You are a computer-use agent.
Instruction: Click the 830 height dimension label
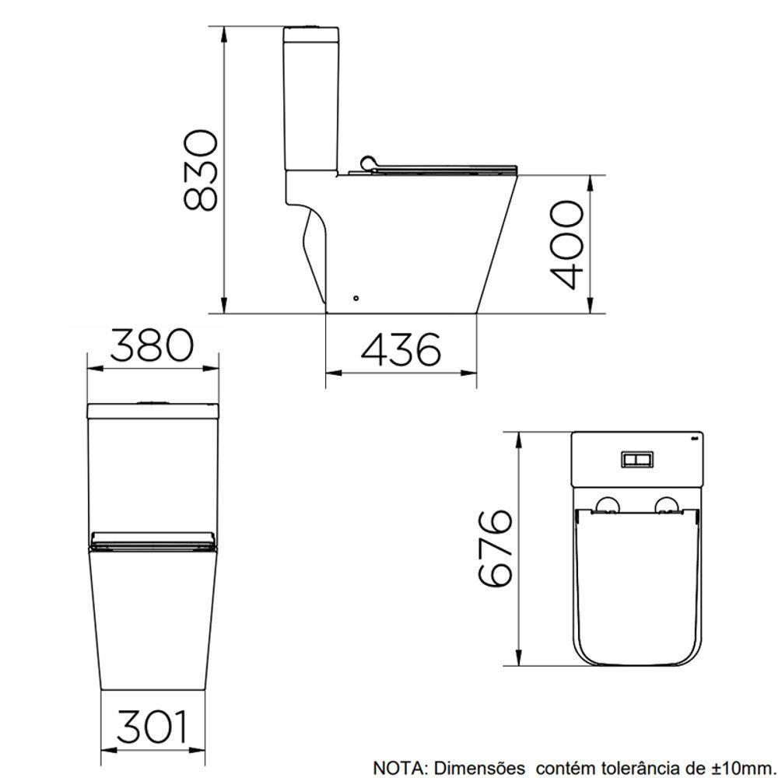click(199, 171)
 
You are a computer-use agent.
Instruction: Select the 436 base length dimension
click(401, 350)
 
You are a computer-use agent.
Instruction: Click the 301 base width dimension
click(152, 728)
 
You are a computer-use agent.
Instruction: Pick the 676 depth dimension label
click(496, 548)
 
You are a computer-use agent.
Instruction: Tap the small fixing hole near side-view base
click(356, 297)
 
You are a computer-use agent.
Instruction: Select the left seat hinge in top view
click(606, 506)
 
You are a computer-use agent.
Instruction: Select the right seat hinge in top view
click(668, 506)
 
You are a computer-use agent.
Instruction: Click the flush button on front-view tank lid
click(152, 403)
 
